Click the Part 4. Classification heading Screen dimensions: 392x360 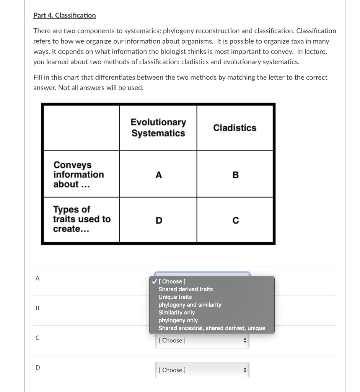(64, 15)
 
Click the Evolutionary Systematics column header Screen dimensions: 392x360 (158, 127)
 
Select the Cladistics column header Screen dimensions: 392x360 (235, 128)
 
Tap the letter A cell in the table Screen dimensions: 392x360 (158, 175)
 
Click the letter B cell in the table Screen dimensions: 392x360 (235, 175)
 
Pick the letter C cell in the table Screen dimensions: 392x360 (235, 220)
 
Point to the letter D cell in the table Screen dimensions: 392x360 (158, 220)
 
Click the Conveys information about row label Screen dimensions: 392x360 (78, 175)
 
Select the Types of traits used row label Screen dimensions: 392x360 (81, 219)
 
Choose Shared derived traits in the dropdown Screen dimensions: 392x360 (186, 289)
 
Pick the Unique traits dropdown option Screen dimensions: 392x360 (175, 297)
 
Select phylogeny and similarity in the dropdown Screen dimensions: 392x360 (190, 305)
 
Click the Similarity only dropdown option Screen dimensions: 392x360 (177, 312)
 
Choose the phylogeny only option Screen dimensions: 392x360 (178, 320)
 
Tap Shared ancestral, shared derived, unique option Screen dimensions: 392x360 (212, 328)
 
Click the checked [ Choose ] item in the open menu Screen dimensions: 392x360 (172, 281)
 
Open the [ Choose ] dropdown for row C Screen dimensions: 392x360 (202, 340)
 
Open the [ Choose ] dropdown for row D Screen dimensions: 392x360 (202, 370)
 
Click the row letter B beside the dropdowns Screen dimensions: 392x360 (37, 308)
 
